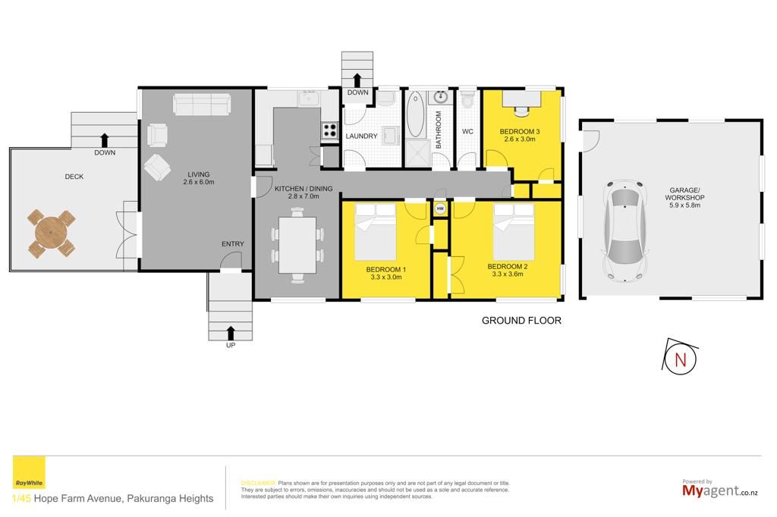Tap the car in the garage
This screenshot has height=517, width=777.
coord(625,230)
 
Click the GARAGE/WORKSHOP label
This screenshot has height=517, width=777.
coord(684,197)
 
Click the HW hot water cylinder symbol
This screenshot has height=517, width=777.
coord(440,209)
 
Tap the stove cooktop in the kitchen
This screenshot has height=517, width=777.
coord(329,130)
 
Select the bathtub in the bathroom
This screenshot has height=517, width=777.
coord(415,114)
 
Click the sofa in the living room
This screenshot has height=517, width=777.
coord(201,104)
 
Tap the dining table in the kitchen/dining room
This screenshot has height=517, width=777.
coord(297,245)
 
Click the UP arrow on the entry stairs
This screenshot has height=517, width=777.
coord(231,333)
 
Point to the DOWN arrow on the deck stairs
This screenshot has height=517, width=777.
coord(104,140)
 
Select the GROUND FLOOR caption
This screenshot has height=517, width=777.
coord(521,321)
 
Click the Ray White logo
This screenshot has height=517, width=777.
coord(29,472)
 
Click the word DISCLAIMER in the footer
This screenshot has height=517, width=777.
coord(258,483)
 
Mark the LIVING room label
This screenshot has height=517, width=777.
coord(199,174)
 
